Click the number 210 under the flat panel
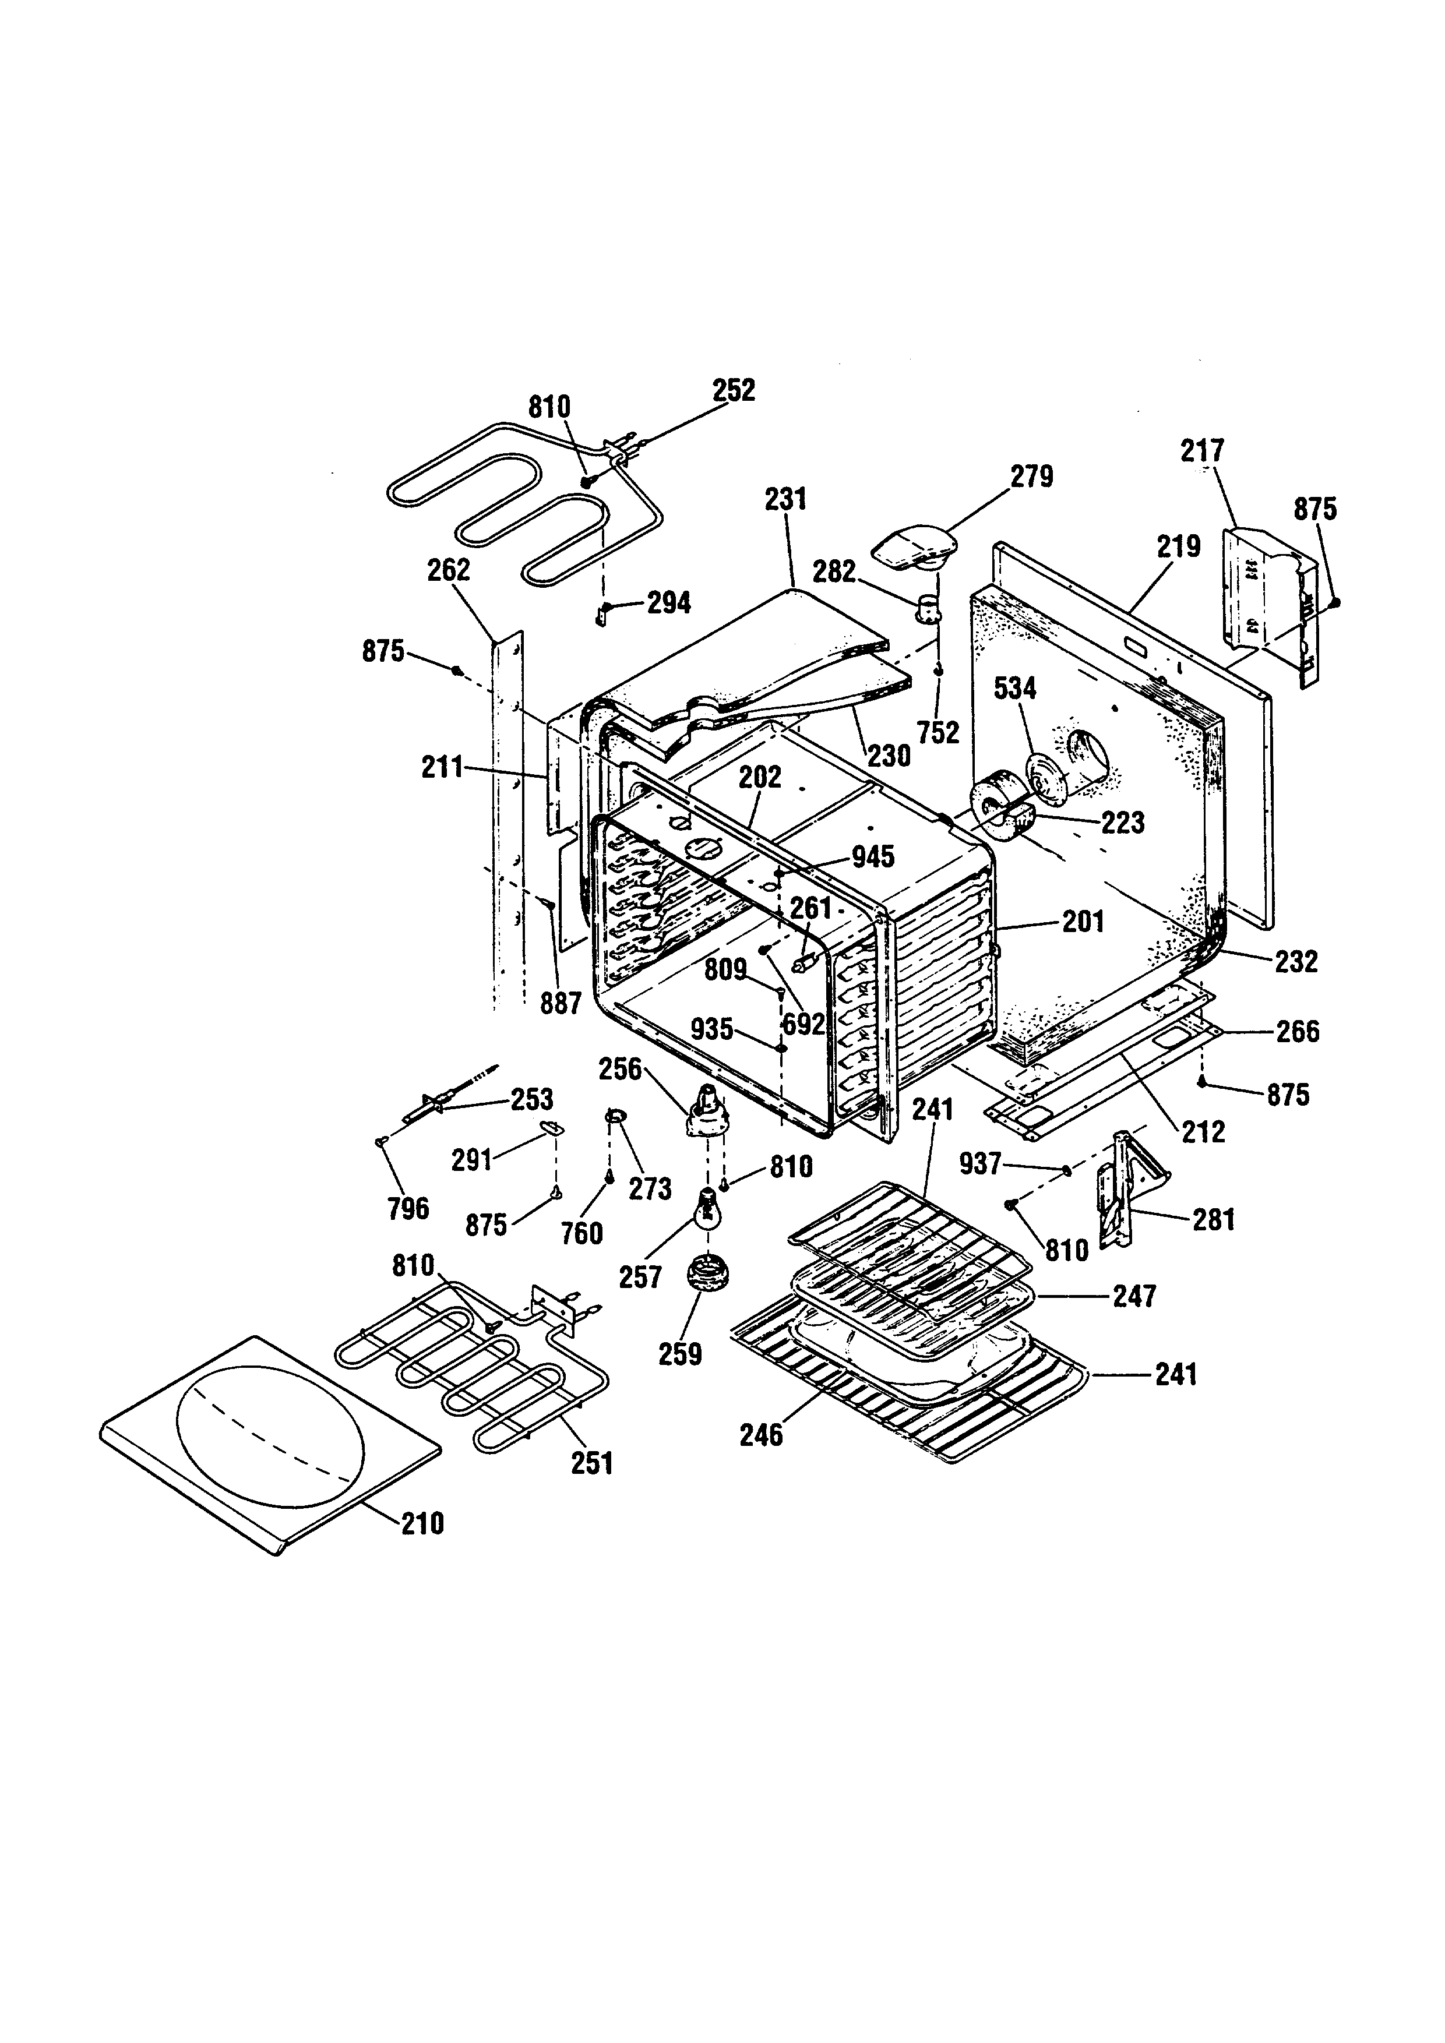click(422, 1525)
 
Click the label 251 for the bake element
click(592, 1463)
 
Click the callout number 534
click(1015, 688)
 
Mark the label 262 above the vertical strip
click(449, 570)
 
